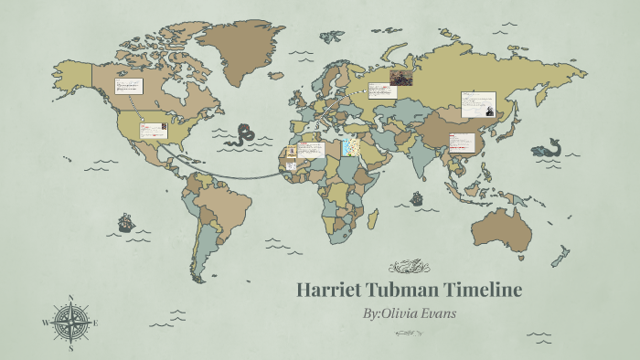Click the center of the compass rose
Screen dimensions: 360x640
pos(70,323)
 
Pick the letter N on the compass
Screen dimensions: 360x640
pos(70,298)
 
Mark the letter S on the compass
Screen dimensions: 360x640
pos(70,348)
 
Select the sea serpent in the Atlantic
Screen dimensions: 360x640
pos(244,135)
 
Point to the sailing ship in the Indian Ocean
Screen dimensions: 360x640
pos(416,197)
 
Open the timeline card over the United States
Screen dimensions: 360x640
pos(152,131)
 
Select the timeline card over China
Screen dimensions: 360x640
pos(464,142)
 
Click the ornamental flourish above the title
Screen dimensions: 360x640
pos(410,267)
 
